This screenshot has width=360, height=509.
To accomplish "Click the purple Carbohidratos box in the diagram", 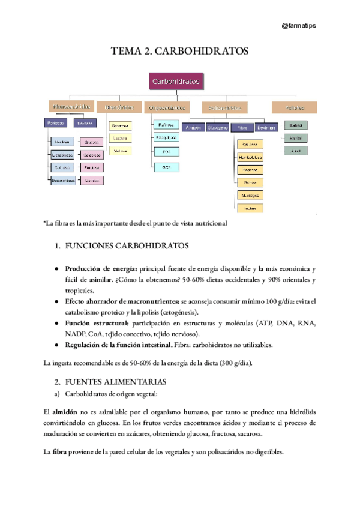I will pos(176,81).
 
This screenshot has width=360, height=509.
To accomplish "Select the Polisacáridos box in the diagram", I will pos(224,108).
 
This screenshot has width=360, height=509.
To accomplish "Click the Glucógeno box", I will pos(217,128).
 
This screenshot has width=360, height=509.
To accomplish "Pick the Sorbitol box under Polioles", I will pos(295,125).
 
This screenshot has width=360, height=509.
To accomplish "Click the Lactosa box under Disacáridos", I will pos(120,138).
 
